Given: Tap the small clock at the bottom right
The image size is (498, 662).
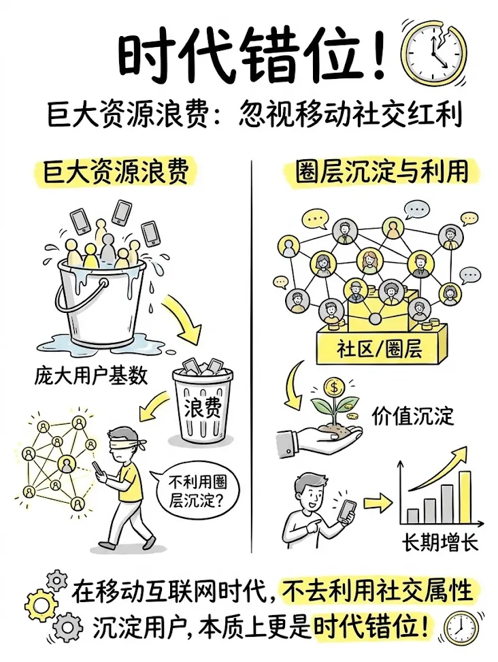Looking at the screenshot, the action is tap(460, 628).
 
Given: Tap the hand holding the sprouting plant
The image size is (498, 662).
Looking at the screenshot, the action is tap(310, 435).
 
